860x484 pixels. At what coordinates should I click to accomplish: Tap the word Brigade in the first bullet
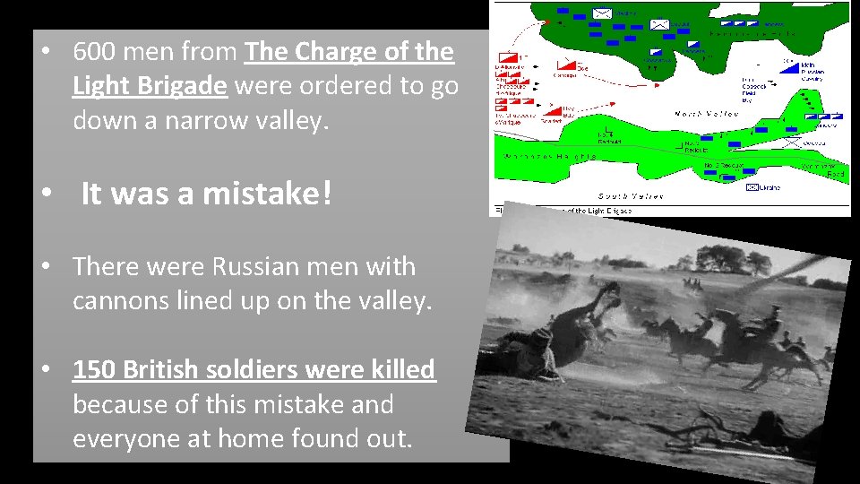coord(184,86)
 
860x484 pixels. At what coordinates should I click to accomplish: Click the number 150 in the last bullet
coord(94,369)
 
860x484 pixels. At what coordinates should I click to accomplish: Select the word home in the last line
coord(260,438)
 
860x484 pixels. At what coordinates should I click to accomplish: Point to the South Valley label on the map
coord(631,195)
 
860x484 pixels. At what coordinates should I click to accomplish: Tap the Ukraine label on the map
coord(770,187)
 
